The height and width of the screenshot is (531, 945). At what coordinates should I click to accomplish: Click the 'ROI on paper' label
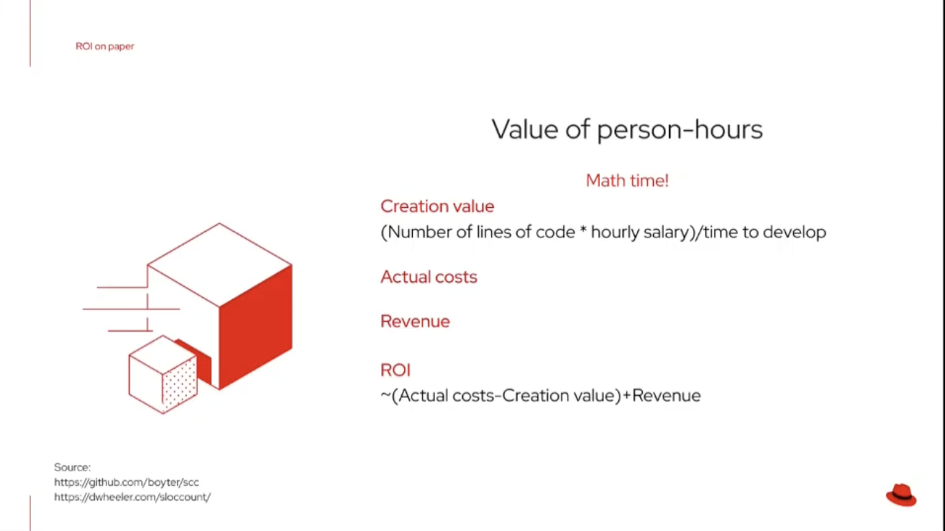[104, 46]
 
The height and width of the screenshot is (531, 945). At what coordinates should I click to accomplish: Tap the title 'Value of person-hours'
[627, 130]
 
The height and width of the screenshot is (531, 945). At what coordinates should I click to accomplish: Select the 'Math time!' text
[627, 181]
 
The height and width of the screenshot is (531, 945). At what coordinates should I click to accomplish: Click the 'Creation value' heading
[437, 206]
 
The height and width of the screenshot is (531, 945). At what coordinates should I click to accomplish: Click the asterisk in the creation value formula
[583, 230]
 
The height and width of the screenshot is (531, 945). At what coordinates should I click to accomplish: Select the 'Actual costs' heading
[429, 277]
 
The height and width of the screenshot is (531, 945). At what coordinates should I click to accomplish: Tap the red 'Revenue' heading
[415, 321]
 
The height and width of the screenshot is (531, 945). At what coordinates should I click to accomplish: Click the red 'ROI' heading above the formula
[396, 370]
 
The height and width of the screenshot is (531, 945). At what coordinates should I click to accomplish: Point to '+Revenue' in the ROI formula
[662, 396]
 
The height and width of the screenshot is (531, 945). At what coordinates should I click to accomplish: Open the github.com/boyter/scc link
[127, 482]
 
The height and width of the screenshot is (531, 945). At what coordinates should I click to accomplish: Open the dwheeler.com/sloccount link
[132, 496]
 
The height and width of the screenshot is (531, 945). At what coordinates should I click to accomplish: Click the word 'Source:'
[72, 467]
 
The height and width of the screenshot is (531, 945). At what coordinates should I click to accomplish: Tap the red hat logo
[901, 495]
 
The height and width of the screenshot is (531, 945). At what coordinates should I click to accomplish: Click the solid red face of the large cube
[255, 327]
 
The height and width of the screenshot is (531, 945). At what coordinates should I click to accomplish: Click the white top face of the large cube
[219, 264]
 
